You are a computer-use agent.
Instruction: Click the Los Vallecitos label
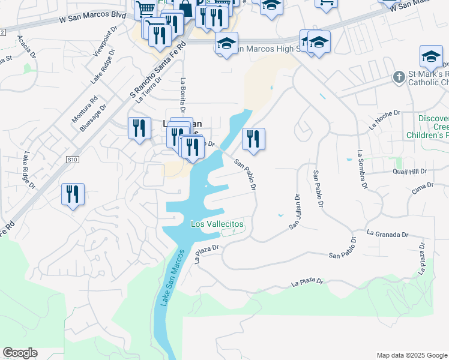pos(217,224)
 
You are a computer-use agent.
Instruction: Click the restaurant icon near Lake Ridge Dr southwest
pos(73,194)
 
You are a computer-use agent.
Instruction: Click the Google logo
pos(20,353)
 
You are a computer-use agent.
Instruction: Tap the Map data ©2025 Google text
pos(411,355)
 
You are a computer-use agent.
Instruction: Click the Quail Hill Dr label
pos(410,171)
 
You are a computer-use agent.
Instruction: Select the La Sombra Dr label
pos(362,170)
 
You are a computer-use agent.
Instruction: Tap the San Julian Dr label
pos(294,211)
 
